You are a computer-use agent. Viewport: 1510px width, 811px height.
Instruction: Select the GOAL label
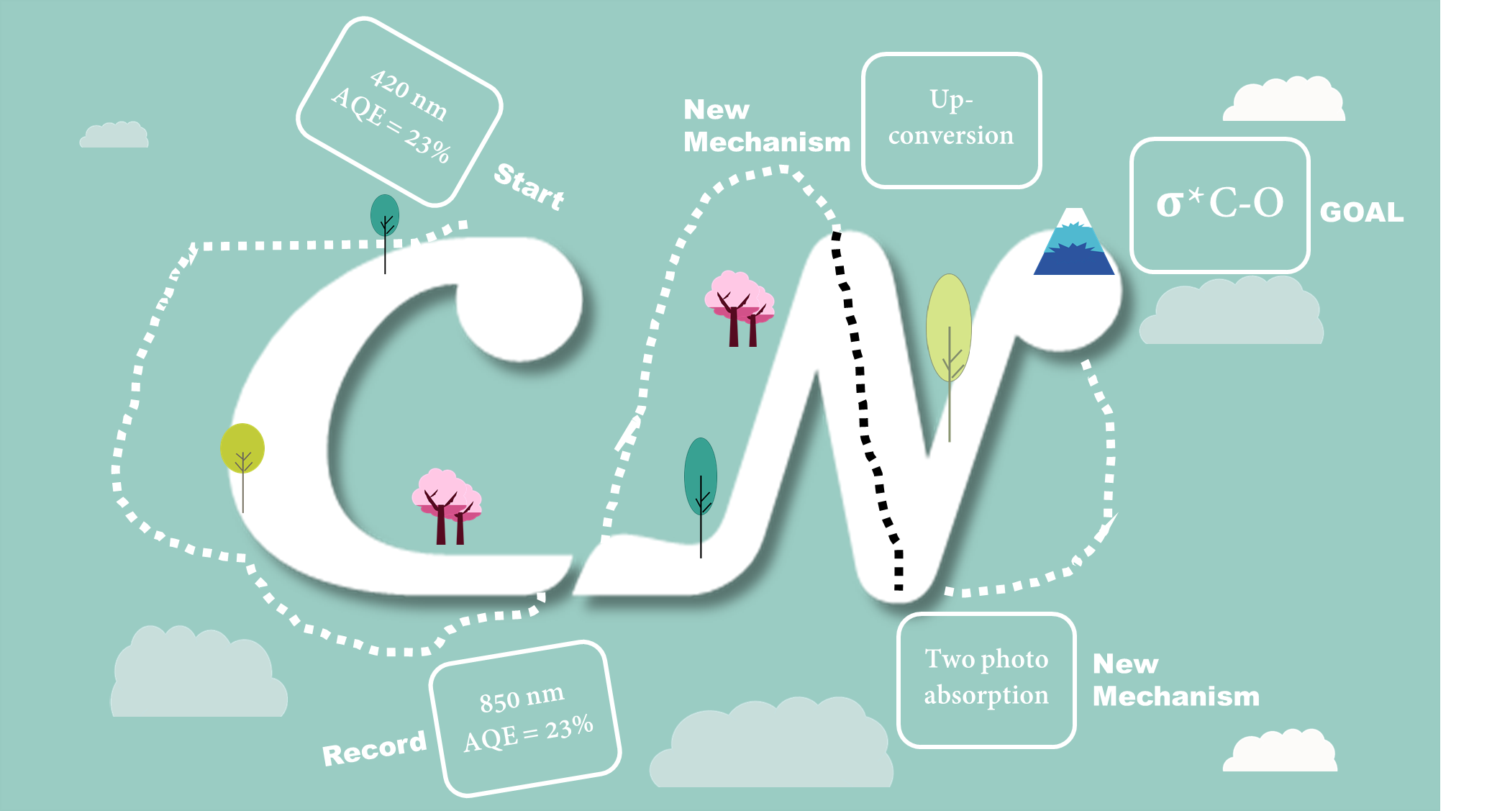point(1362,212)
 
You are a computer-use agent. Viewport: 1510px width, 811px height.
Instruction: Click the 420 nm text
point(409,94)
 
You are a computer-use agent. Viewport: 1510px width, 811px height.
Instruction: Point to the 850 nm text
point(522,698)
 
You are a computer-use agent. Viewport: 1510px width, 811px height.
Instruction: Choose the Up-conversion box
point(951,120)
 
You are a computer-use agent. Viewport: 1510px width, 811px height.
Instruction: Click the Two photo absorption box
point(986,680)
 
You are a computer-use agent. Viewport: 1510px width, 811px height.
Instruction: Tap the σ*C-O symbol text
point(1220,203)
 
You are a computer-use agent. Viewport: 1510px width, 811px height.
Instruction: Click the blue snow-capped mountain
point(1074,242)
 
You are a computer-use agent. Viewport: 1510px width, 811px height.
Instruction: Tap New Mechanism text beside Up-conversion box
point(767,126)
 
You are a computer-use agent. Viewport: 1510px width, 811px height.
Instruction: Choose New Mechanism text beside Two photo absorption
point(1176,680)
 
